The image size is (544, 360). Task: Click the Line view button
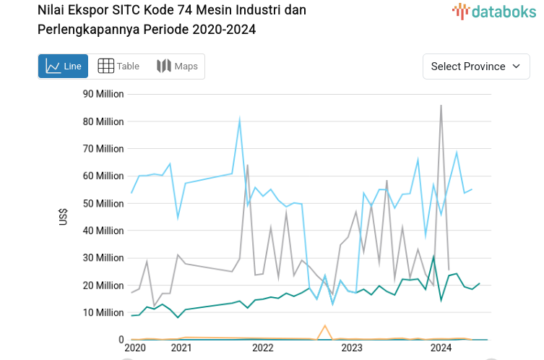(x=63, y=67)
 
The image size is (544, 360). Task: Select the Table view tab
(x=118, y=67)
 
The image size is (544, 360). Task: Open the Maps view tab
(x=177, y=67)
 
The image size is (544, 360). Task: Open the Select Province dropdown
(x=476, y=67)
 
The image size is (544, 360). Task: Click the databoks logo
(x=494, y=11)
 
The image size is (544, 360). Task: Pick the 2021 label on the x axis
(x=181, y=348)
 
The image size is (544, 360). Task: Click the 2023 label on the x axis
(x=352, y=348)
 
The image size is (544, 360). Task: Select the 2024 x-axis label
(x=441, y=348)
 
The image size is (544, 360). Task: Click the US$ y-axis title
(x=64, y=217)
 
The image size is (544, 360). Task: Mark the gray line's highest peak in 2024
(x=441, y=106)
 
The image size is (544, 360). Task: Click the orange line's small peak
(x=325, y=326)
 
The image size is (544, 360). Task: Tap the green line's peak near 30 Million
(x=433, y=256)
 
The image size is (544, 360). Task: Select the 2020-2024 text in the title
(x=224, y=30)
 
